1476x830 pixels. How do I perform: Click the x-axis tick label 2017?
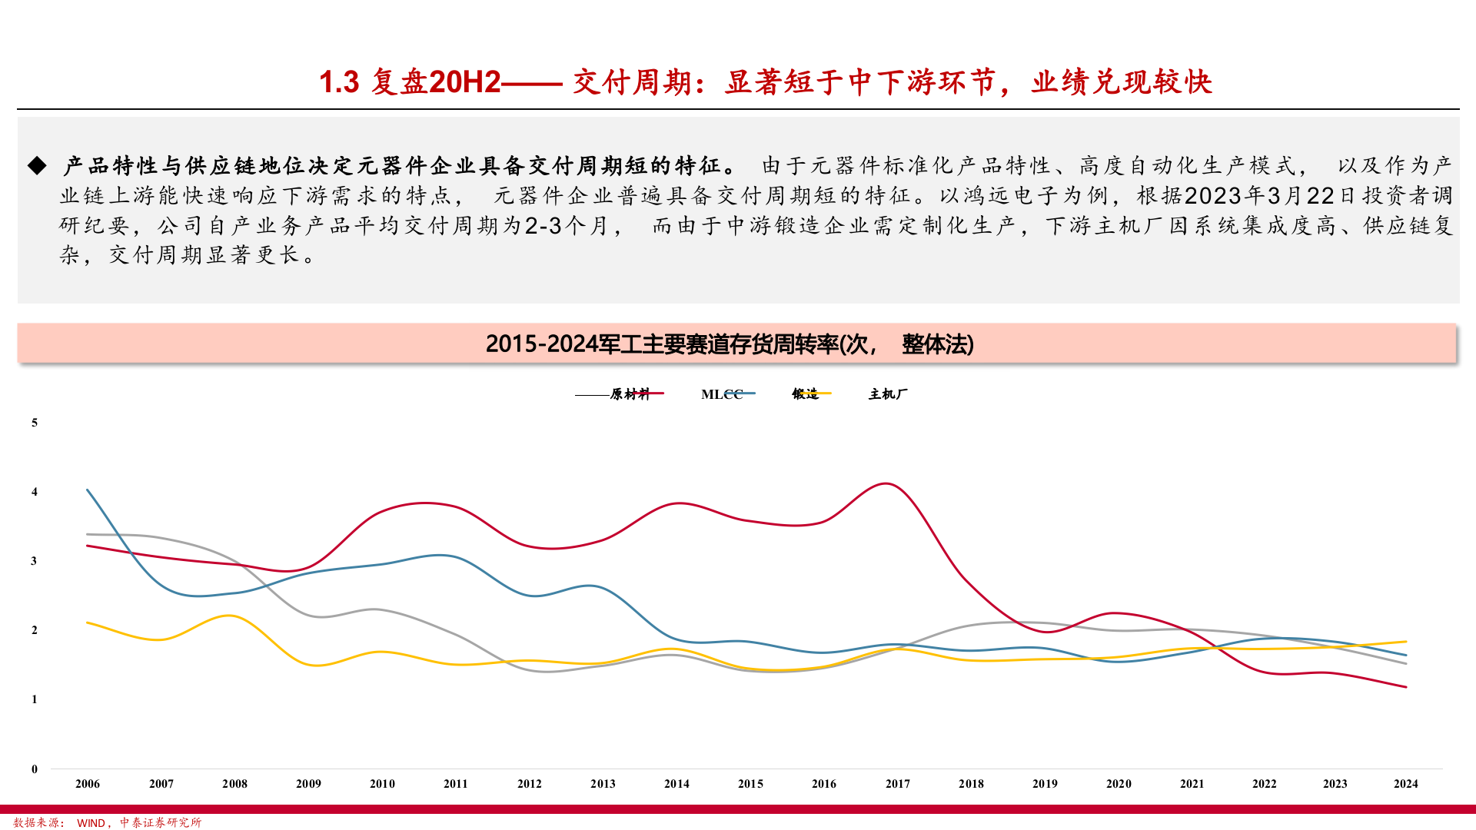point(897,784)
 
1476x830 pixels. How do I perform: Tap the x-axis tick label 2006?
point(88,784)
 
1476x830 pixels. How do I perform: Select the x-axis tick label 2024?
point(1405,784)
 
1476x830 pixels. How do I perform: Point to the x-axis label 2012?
point(529,784)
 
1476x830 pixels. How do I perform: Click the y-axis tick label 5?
point(35,423)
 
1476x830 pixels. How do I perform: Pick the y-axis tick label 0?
point(35,769)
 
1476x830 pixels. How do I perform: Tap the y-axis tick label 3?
point(35,561)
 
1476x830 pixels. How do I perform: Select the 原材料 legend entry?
point(630,394)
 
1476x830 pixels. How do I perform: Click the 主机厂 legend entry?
point(888,394)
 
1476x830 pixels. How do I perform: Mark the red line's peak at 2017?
point(887,483)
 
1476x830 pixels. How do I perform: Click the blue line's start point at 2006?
point(88,490)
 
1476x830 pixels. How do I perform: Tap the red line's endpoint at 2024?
point(1406,687)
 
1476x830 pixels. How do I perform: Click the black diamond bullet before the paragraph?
point(37,165)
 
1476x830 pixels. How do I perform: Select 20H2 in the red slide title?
point(464,82)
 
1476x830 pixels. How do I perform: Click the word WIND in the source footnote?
point(91,823)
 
